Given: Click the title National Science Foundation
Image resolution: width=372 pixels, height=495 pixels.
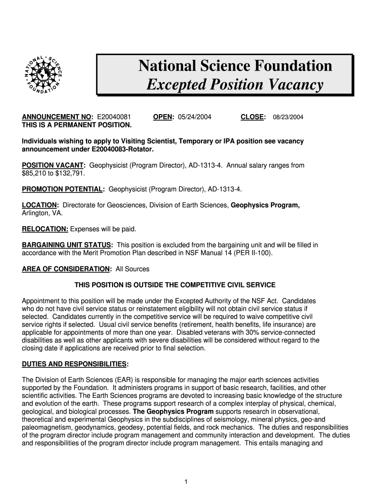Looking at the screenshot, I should [x=235, y=66].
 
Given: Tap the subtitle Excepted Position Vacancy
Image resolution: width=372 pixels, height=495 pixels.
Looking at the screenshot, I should [x=235, y=85].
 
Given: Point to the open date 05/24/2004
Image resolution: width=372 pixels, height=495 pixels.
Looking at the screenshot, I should [x=195, y=117].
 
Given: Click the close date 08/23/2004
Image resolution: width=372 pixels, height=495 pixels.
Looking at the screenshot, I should [x=288, y=117].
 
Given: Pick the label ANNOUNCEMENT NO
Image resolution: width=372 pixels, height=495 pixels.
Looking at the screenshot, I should [x=57, y=117].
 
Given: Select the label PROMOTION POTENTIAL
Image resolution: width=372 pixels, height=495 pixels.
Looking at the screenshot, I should [x=63, y=189].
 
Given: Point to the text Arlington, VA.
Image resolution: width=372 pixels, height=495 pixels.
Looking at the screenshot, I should [x=42, y=213].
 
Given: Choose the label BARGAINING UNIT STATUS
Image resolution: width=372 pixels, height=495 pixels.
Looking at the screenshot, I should [x=67, y=245].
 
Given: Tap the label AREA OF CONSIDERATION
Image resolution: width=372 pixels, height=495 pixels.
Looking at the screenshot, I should [x=66, y=269].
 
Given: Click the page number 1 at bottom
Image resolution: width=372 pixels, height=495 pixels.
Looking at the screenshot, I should [x=186, y=481].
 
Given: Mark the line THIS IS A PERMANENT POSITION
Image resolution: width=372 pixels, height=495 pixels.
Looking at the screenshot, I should [x=77, y=125].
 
